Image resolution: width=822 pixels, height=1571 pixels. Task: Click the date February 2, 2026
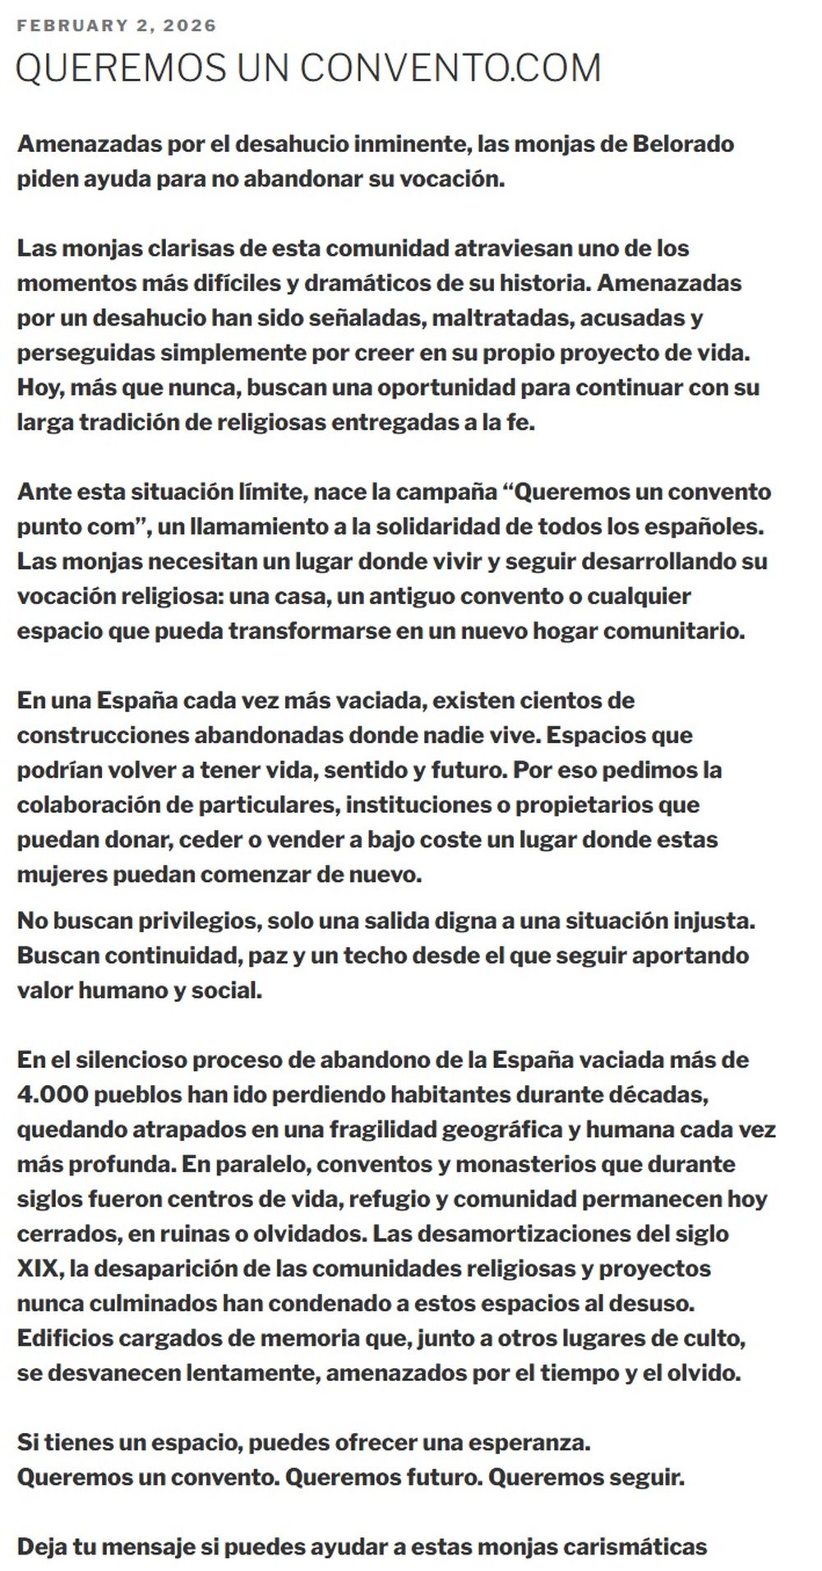(x=117, y=25)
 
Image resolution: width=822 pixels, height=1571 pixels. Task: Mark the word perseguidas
(x=85, y=353)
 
